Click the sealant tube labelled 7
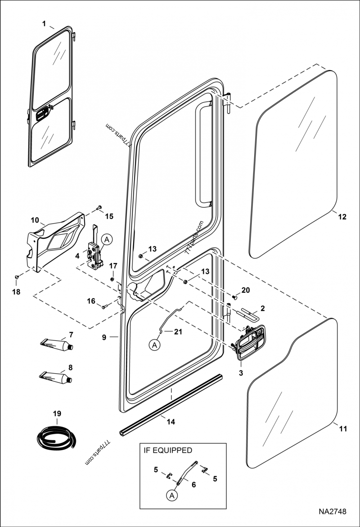pos(57,345)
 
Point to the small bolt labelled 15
pos(98,208)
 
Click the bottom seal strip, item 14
pos(171,405)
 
